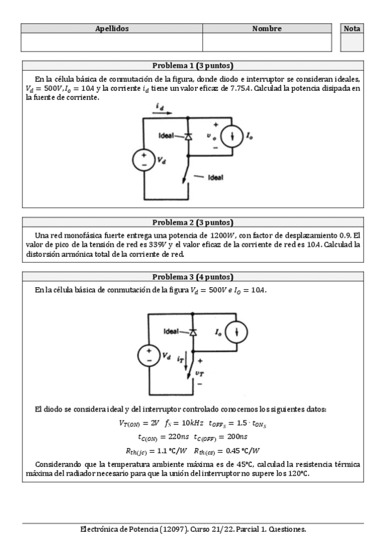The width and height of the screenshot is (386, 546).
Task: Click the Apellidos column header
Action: [x=111, y=29]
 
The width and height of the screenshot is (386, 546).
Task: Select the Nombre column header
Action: [x=267, y=29]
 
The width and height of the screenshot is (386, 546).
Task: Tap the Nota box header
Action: [x=352, y=29]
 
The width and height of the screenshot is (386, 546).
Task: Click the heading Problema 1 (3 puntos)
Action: [x=193, y=66]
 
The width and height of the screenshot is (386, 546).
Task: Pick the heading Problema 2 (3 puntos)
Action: [x=193, y=221]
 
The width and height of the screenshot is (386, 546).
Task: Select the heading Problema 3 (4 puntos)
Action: [x=193, y=277]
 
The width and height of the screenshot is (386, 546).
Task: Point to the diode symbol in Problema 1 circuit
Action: [x=189, y=136]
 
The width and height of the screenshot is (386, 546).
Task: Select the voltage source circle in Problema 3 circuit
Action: [x=148, y=356]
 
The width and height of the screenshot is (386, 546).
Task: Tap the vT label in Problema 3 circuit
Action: [x=199, y=372]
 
